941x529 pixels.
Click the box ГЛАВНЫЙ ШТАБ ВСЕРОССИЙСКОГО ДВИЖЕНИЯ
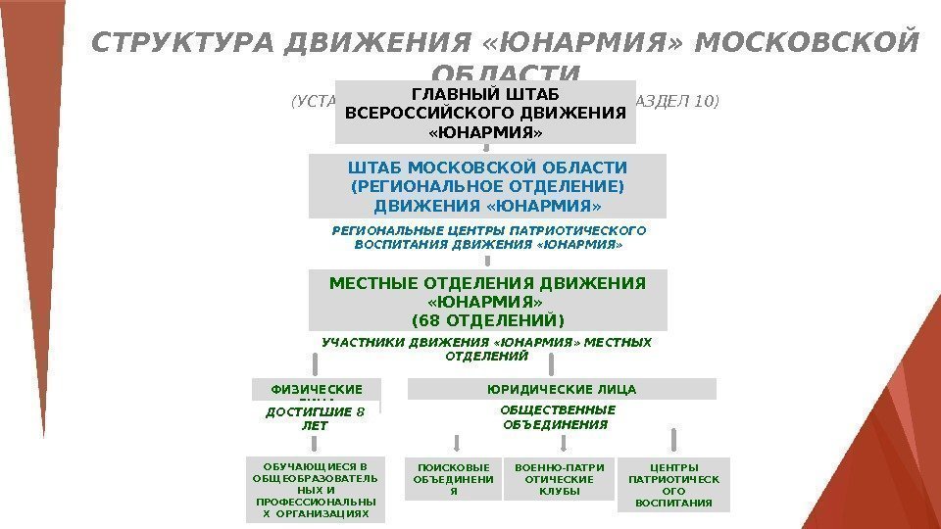(485, 112)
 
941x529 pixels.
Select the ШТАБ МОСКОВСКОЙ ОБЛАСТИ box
(487, 185)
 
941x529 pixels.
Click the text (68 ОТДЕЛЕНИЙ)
(487, 320)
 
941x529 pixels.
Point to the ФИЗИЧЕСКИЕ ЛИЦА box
(316, 391)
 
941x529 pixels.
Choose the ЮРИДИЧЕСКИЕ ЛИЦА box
(562, 389)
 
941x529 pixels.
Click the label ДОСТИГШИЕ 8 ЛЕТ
(315, 419)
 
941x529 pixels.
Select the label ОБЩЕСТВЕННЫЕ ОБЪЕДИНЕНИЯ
(558, 417)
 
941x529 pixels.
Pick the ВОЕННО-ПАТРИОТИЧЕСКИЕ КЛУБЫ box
(560, 479)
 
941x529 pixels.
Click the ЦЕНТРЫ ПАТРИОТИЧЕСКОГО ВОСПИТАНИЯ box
(673, 484)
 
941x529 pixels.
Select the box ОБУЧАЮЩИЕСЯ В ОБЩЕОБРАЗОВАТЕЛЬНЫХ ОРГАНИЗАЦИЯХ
(316, 489)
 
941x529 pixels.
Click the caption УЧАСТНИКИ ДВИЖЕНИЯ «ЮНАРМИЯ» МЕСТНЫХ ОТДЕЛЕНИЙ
(486, 350)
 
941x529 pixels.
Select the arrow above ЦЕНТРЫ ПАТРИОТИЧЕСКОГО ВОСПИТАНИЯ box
(673, 440)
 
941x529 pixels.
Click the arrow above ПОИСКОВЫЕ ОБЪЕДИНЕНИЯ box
(453, 442)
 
